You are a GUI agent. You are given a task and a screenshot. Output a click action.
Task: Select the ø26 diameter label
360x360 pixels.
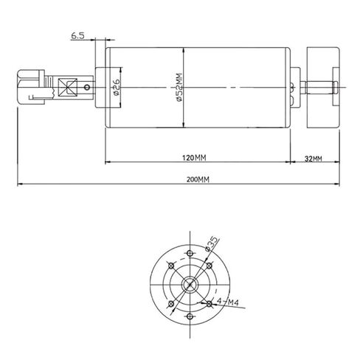(117, 89)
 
